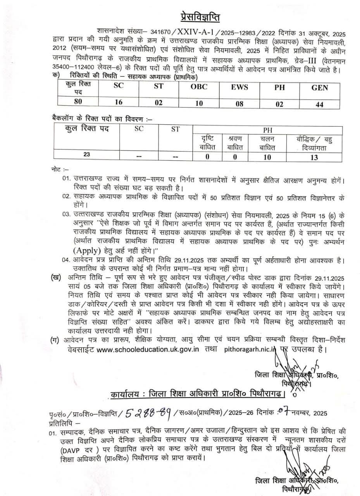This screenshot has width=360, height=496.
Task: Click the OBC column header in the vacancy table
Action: tap(199, 87)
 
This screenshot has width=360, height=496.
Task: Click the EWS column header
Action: tap(239, 87)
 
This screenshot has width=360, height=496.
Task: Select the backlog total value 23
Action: tap(86, 155)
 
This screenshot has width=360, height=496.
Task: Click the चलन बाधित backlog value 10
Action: tap(267, 157)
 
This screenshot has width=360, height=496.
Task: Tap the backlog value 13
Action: tap(314, 157)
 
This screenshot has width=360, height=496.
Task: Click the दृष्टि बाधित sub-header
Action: tap(207, 143)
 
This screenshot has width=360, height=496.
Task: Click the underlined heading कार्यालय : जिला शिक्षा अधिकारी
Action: tap(198, 395)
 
